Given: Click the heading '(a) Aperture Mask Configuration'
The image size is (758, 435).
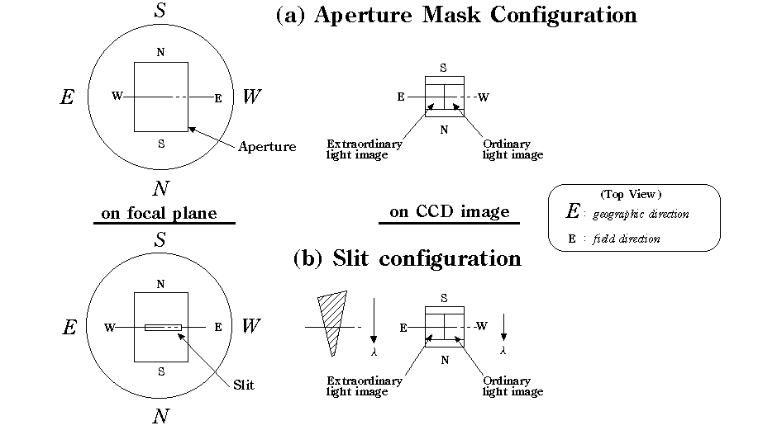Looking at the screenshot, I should click(455, 15).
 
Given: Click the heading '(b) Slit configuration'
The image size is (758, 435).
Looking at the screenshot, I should click(408, 258).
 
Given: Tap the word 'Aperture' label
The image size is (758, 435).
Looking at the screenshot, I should click(266, 147).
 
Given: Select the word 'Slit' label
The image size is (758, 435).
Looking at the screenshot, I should click(244, 385).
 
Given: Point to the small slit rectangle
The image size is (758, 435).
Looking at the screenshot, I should click(163, 328).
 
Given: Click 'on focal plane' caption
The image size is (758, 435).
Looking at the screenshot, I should click(159, 214).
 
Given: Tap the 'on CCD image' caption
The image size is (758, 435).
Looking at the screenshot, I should click(450, 212).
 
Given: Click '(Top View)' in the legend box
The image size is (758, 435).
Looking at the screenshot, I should click(631, 195).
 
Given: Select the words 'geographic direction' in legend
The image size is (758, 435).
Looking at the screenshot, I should click(641, 214).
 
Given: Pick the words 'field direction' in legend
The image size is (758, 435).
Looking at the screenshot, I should click(627, 239).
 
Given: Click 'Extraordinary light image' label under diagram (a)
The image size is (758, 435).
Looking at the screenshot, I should click(365, 149).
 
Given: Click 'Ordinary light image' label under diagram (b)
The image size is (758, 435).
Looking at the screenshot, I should click(512, 386).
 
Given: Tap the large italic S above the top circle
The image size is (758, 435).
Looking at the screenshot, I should click(160, 12).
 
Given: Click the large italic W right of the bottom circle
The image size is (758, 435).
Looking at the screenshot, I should click(251, 327).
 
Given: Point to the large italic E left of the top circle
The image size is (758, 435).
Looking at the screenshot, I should click(68, 97).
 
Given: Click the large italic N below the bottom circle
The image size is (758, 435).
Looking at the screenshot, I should click(160, 417).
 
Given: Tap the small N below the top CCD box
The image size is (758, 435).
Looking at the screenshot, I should click(444, 130).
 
